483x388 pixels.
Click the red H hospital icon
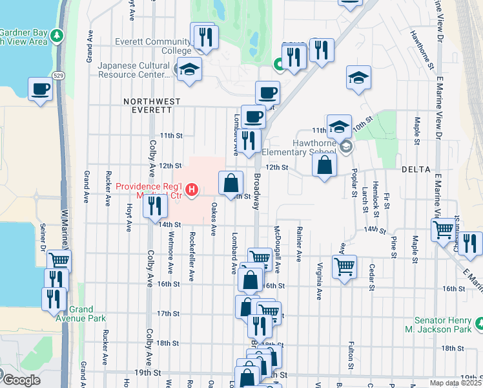(191, 189)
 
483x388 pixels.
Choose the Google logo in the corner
(21, 380)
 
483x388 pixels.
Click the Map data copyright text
(456, 383)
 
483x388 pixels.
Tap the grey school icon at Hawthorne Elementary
(346, 147)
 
